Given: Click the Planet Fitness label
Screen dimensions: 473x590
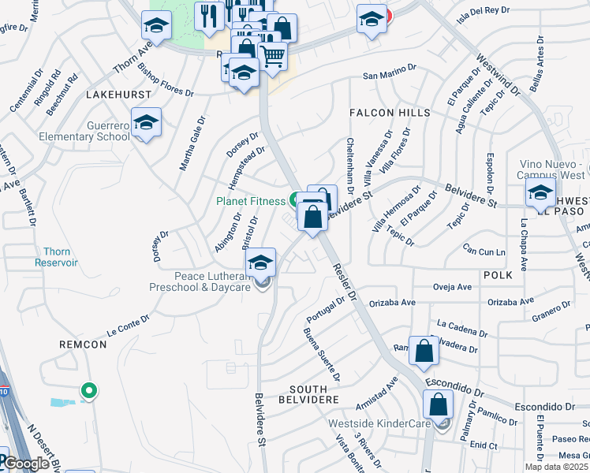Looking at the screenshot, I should [252, 201].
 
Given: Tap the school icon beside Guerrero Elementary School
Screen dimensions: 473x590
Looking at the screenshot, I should [146, 123].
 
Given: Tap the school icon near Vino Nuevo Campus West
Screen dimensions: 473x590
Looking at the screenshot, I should [540, 192].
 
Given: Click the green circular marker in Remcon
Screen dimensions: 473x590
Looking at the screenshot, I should [89, 389].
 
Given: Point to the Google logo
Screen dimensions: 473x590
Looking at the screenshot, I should [26, 464].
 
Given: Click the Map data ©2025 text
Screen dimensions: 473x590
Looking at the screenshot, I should [555, 467].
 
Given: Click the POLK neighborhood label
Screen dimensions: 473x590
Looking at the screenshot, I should [498, 274].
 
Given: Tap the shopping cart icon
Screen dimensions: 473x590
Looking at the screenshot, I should [272, 56].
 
